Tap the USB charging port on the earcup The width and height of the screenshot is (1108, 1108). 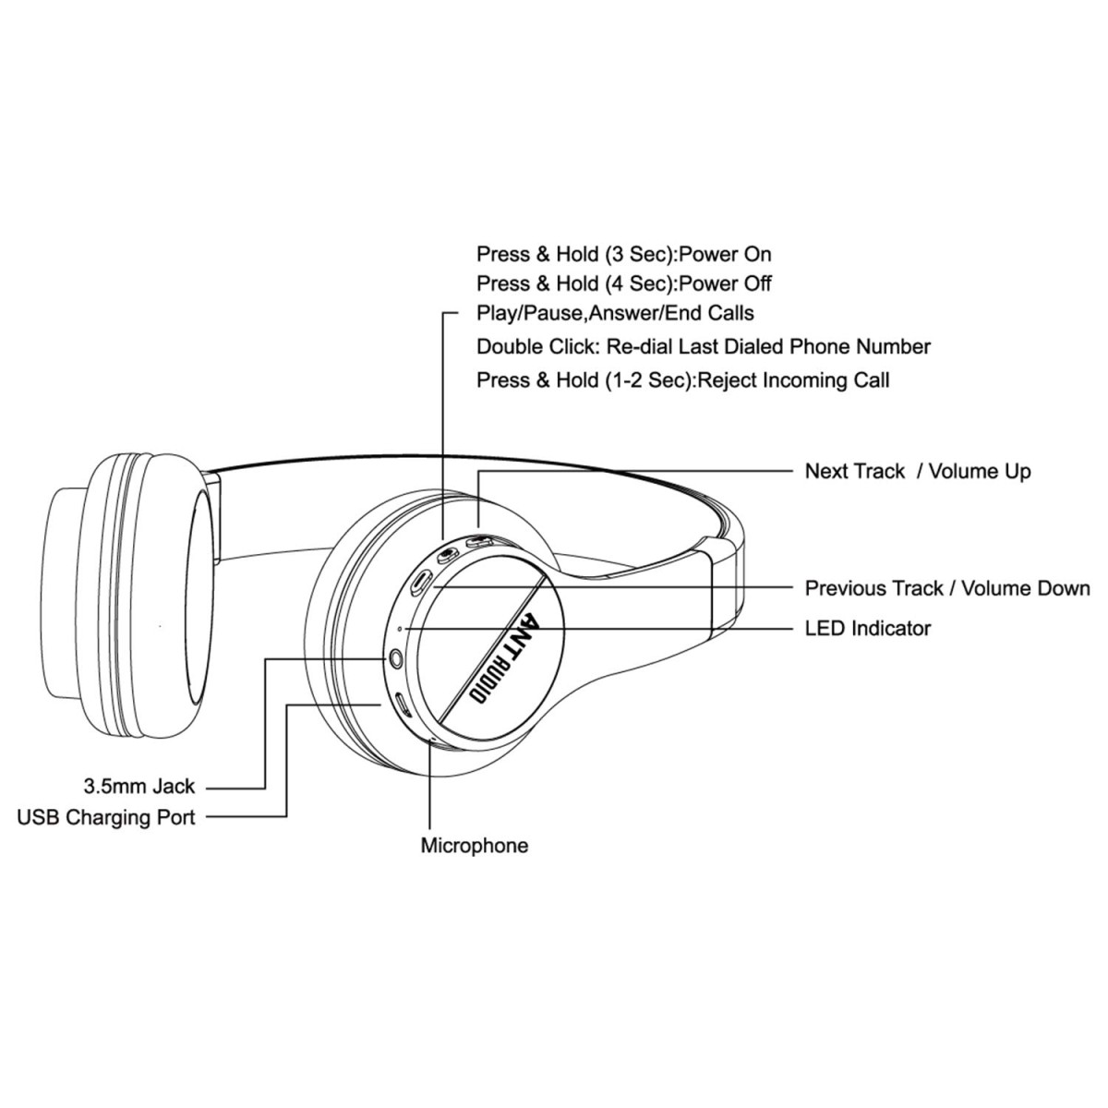tap(403, 705)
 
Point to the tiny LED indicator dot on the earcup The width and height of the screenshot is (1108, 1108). tap(399, 629)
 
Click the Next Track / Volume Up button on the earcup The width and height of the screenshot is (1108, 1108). tap(478, 543)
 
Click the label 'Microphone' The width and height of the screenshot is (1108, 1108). tap(475, 845)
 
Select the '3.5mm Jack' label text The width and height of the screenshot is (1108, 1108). tap(139, 787)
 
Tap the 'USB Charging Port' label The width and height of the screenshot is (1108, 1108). tap(107, 817)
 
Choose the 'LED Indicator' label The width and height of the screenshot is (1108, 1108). tap(868, 629)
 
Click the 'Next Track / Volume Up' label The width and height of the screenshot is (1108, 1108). tap(918, 471)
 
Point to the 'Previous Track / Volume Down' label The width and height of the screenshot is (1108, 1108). tap(947, 588)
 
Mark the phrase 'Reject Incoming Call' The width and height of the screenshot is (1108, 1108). tap(794, 379)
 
